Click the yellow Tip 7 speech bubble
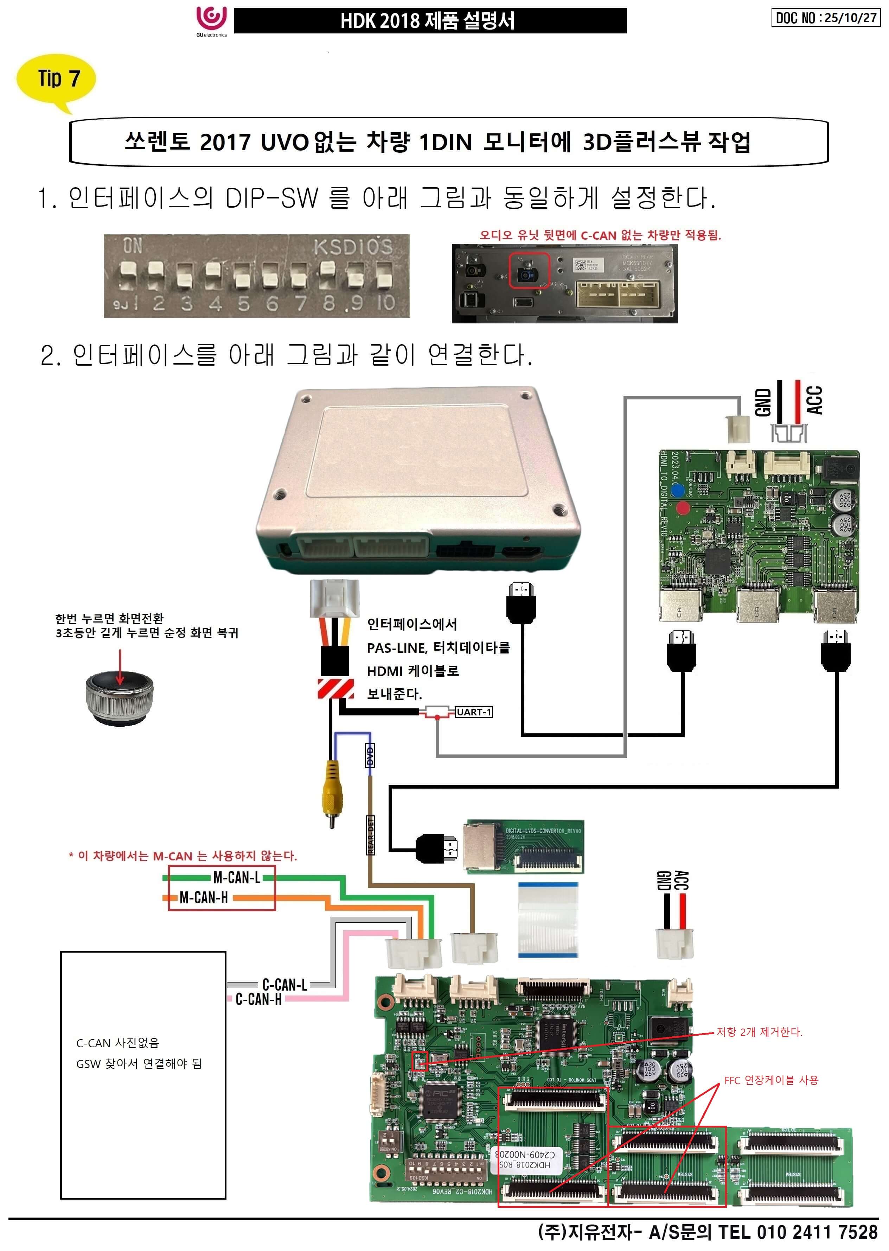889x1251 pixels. click(x=57, y=78)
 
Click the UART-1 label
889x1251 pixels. click(x=474, y=712)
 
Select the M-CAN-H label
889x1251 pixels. click(x=204, y=898)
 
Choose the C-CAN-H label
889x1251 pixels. click(x=258, y=1000)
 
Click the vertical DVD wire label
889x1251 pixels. click(x=370, y=756)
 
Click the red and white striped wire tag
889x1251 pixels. click(x=335, y=688)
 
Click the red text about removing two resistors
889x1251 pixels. click(x=759, y=1032)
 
